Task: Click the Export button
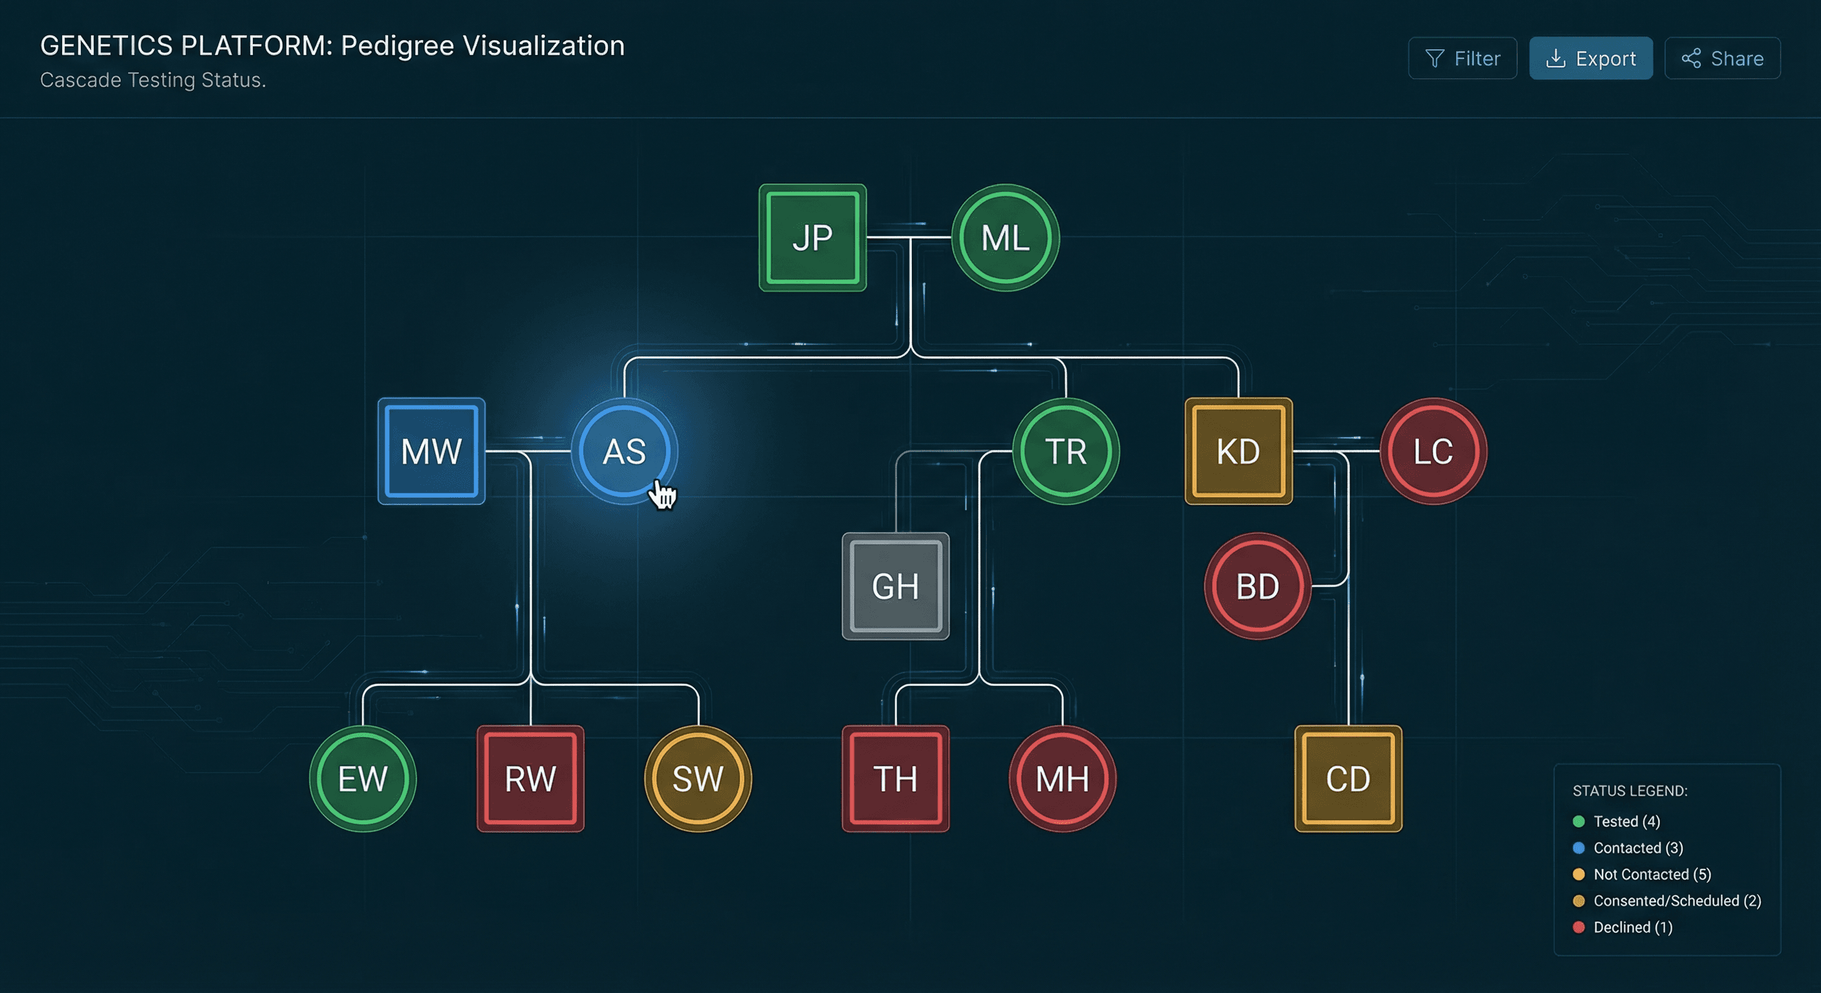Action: pos(1591,58)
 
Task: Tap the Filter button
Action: pos(1462,58)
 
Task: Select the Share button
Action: pos(1722,58)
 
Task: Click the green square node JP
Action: pos(812,237)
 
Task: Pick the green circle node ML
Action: pos(1004,237)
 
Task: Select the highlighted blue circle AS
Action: pos(624,451)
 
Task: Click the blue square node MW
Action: pos(431,451)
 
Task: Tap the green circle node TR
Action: pos(1065,451)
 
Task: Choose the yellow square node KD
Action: pos(1238,451)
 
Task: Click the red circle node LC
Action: pos(1433,451)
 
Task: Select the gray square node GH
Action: pos(895,586)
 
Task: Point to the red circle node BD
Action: pos(1258,586)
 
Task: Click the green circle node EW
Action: pos(363,778)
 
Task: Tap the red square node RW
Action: pos(530,778)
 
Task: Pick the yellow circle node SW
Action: pos(698,778)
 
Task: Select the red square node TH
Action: pos(895,778)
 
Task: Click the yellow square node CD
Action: pos(1348,778)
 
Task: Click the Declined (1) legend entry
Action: pos(1632,927)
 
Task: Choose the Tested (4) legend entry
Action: pos(1626,821)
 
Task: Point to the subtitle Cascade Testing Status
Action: pos(153,81)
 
